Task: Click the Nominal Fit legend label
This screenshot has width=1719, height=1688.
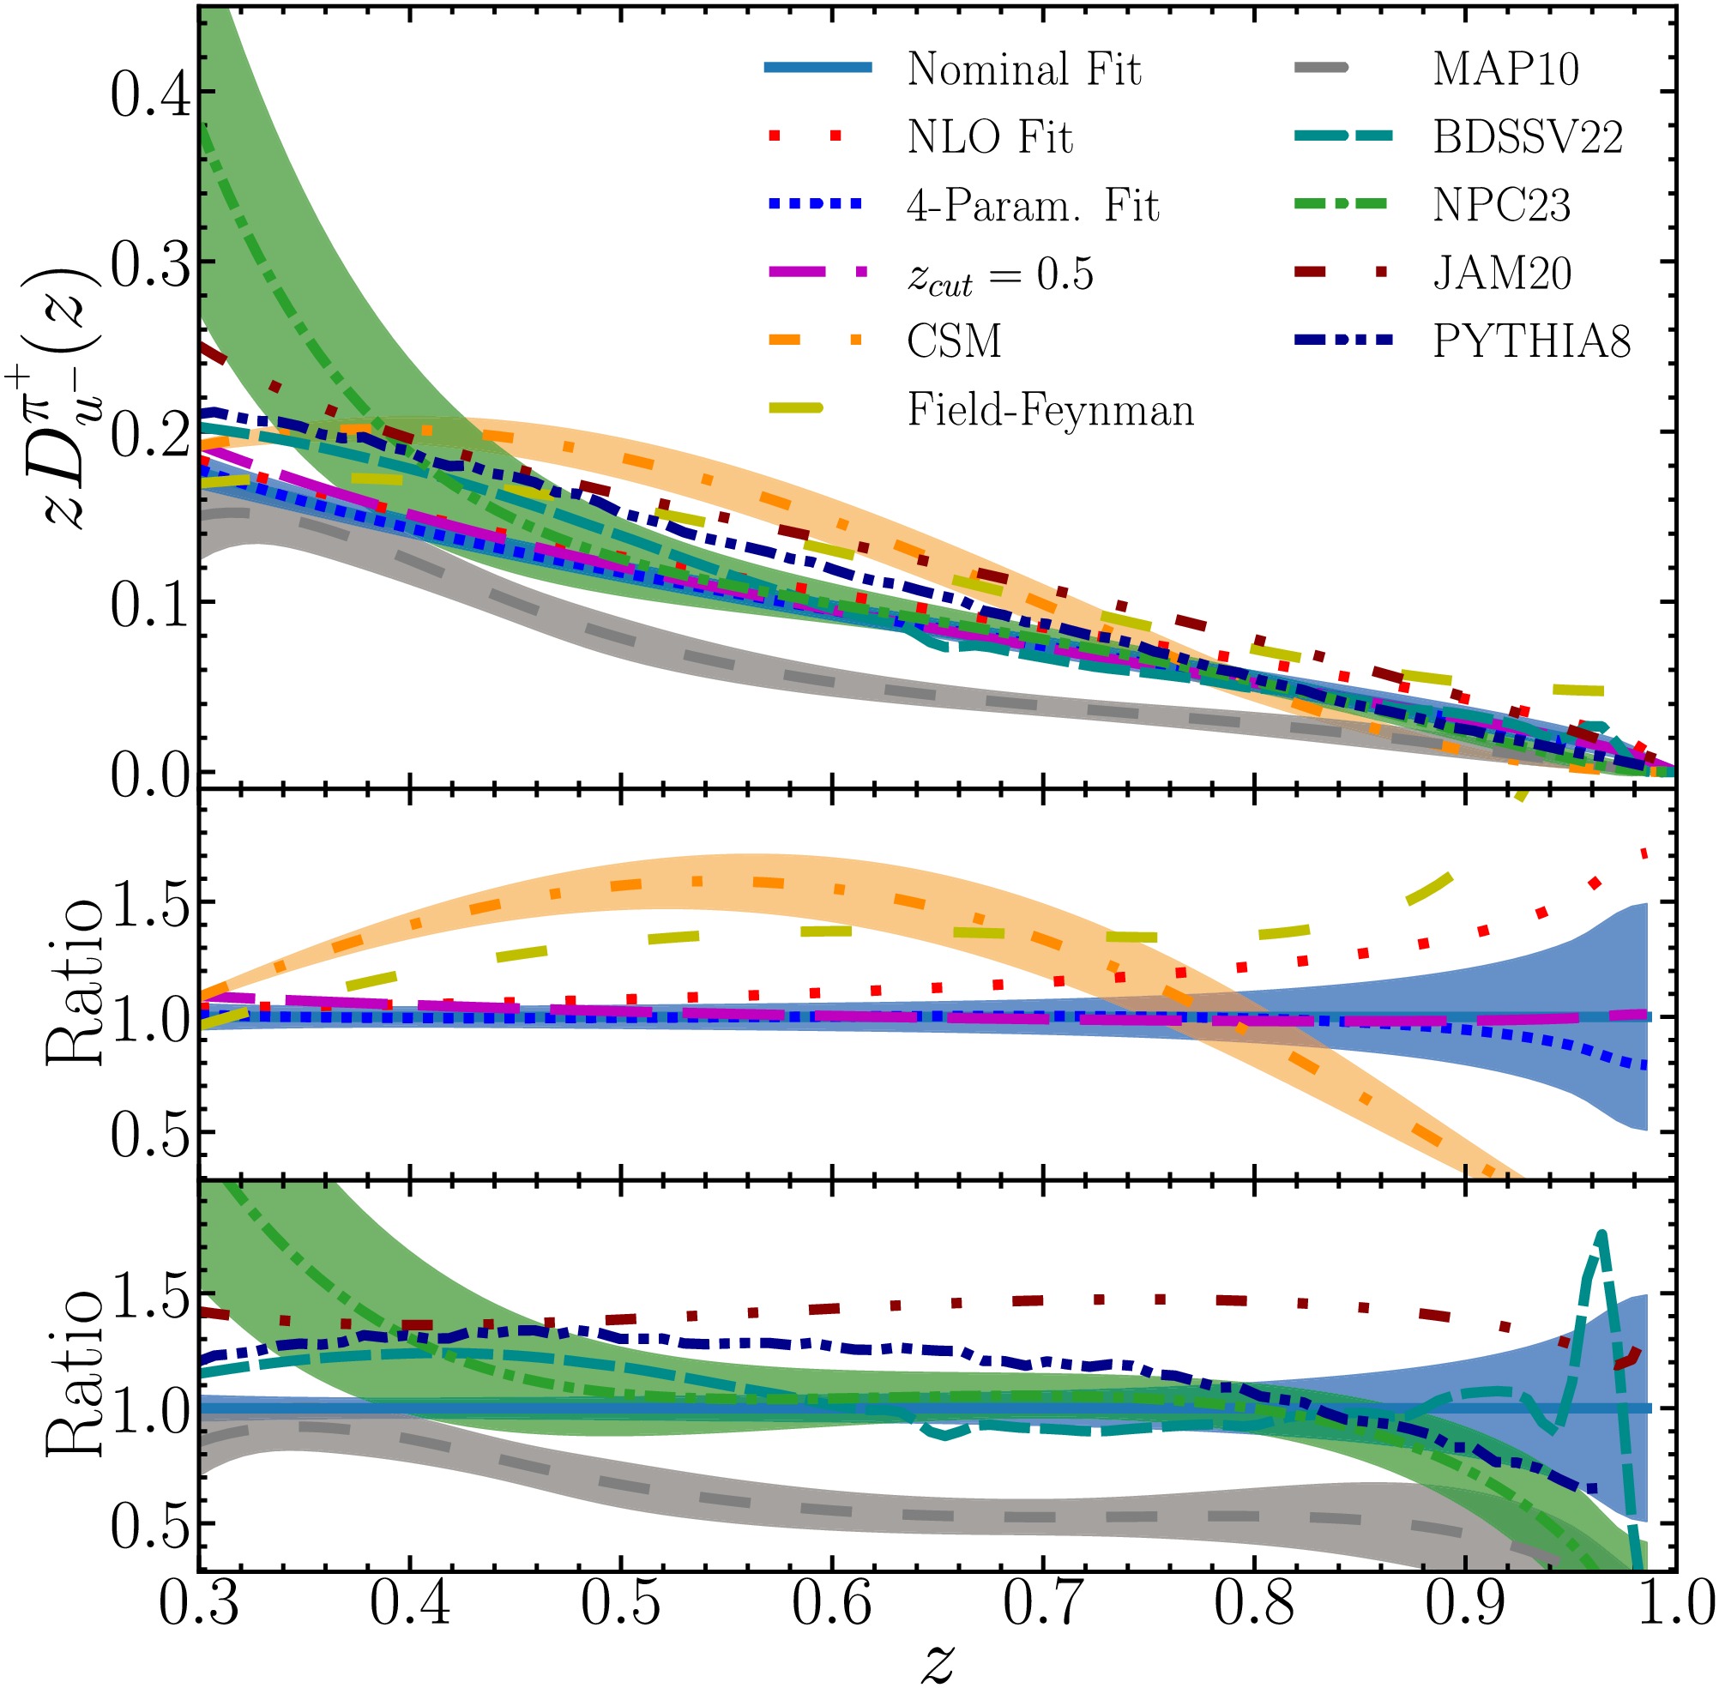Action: [1024, 69]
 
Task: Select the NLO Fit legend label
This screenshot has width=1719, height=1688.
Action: [989, 137]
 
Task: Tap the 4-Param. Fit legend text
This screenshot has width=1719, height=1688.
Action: [1032, 206]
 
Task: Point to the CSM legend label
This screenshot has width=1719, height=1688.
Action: [954, 341]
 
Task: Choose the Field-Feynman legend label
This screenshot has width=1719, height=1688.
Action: [1051, 411]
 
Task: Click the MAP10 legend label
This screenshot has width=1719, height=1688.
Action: [1505, 69]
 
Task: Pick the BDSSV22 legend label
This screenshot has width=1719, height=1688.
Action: [1528, 137]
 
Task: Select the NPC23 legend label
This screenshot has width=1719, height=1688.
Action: [1502, 206]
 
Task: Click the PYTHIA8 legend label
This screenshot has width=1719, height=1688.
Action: [1531, 341]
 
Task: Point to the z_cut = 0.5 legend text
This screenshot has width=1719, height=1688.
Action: [1000, 274]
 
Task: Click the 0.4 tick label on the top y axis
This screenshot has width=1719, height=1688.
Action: [150, 94]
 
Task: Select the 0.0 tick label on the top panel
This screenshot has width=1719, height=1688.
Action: [150, 775]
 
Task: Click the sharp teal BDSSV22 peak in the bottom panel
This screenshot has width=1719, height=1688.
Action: [1601, 1234]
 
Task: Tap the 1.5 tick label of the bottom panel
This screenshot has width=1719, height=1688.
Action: [150, 1299]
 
